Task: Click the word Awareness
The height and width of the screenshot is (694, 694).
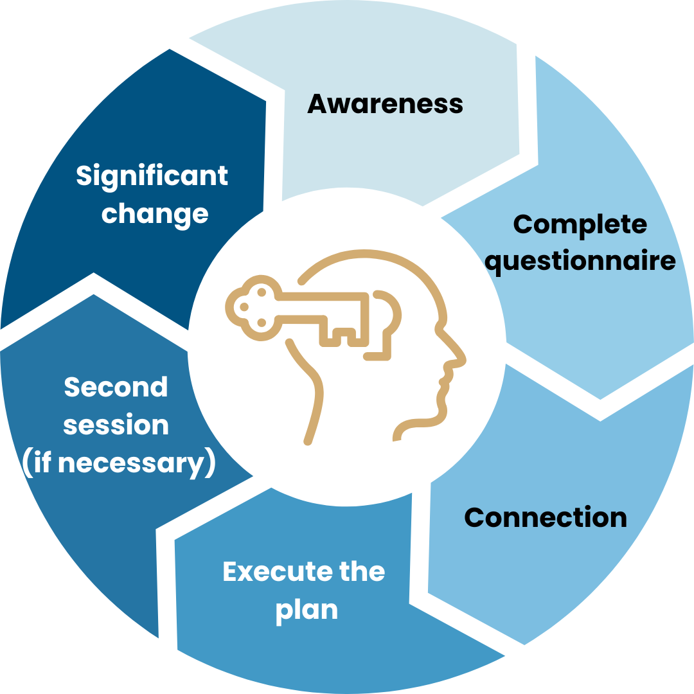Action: [385, 103]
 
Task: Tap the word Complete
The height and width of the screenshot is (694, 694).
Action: [580, 224]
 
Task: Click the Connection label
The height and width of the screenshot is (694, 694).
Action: [545, 517]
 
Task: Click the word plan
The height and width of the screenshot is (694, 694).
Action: [307, 609]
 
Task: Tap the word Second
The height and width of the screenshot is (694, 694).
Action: [116, 387]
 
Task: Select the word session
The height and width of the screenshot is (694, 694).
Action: [116, 425]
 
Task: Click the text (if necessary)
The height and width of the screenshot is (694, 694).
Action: [118, 463]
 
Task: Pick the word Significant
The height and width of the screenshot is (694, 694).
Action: [152, 175]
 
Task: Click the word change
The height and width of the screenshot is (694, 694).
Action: [155, 213]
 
